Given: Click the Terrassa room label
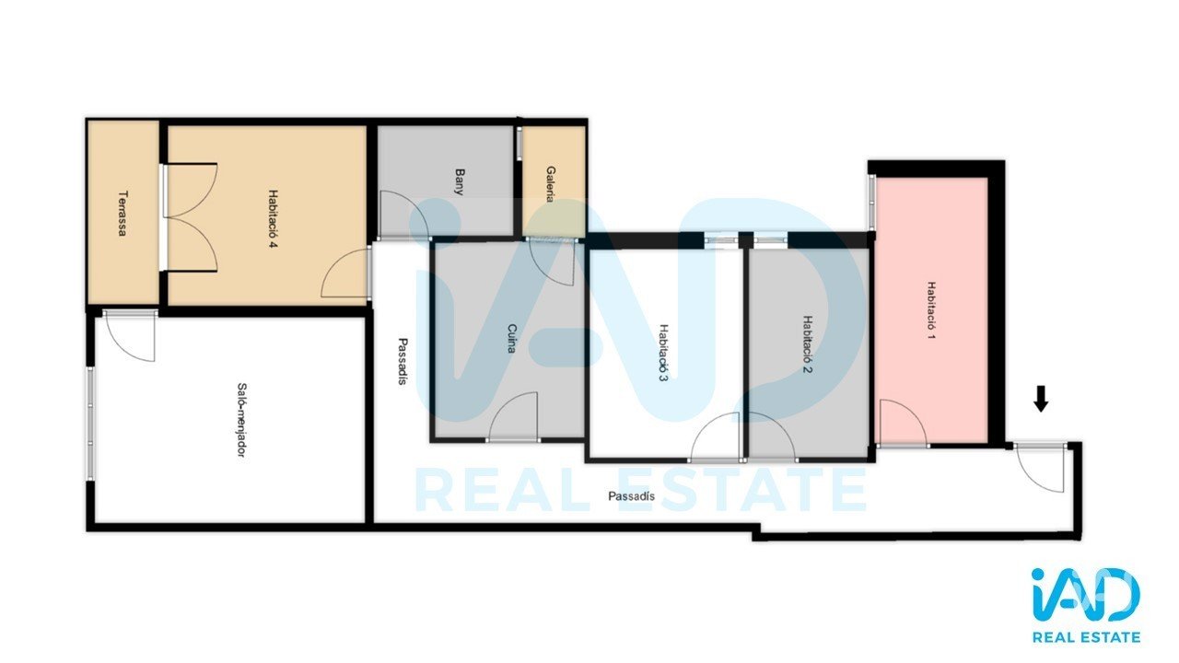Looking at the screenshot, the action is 123,213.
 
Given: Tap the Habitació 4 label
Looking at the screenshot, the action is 274,219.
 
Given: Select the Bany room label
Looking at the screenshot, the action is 460,181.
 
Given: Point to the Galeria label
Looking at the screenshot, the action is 551,184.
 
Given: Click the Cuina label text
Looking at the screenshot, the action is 511,338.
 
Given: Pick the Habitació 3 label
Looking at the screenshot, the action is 663,353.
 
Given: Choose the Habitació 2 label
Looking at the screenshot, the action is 808,344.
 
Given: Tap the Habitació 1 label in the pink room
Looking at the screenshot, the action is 931,310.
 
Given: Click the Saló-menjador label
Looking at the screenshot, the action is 241,420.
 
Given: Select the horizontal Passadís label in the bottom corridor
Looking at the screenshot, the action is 632,496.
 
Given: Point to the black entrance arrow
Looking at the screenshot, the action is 1041,399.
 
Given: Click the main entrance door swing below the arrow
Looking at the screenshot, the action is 1040,468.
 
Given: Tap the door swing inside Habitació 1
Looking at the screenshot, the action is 903,422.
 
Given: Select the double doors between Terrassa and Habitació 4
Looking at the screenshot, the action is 191,217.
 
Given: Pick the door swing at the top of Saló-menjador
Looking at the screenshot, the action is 130,336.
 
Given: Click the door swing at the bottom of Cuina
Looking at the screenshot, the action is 514,415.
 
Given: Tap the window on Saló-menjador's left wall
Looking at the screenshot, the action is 90,424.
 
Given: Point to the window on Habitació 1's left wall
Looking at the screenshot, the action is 871,203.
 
